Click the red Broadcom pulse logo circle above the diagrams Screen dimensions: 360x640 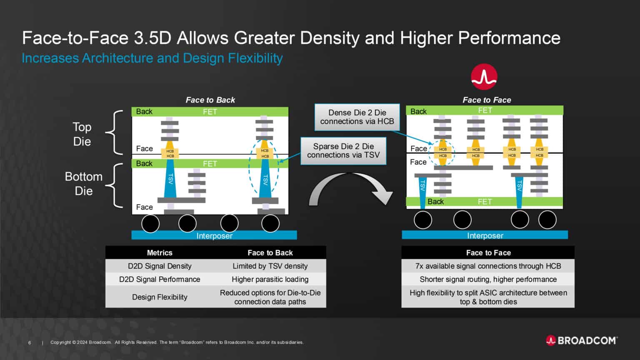(x=484, y=77)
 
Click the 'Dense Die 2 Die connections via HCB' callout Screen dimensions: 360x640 (x=357, y=117)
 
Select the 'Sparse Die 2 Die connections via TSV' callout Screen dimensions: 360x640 (x=343, y=151)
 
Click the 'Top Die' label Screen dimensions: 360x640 (x=82, y=134)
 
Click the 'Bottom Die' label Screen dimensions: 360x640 (x=83, y=184)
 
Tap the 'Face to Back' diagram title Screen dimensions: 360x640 (x=210, y=100)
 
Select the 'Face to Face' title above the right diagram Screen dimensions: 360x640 (x=487, y=100)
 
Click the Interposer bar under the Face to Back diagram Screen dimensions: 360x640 (x=214, y=235)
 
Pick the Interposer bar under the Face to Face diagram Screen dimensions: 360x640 (x=485, y=235)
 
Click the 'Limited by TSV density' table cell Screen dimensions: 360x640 (x=270, y=266)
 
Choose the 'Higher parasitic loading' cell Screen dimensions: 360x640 (x=270, y=279)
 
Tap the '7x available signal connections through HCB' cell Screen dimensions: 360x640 (x=488, y=266)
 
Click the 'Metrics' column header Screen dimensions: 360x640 (x=160, y=252)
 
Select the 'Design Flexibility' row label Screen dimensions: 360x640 (x=160, y=297)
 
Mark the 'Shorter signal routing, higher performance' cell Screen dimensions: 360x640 (x=488, y=279)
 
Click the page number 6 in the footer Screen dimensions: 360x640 (x=30, y=342)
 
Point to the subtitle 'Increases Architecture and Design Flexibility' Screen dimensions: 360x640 (x=152, y=58)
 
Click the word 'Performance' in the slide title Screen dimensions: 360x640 (x=509, y=38)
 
